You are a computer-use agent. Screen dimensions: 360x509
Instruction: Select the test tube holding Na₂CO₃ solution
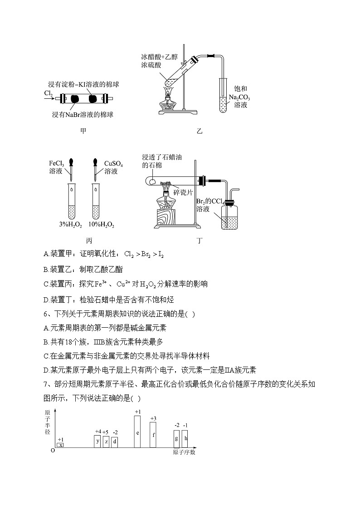click(223, 95)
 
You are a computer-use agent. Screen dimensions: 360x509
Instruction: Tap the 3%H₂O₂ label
click(71, 225)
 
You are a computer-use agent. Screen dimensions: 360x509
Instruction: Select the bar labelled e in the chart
click(137, 431)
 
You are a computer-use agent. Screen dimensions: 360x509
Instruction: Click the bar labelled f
click(153, 435)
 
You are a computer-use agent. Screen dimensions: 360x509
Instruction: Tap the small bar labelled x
click(60, 446)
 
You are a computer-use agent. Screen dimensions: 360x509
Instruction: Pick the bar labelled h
click(185, 439)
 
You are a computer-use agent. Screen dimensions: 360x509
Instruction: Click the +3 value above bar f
click(153, 418)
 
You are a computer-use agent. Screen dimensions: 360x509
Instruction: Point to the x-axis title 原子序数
click(184, 452)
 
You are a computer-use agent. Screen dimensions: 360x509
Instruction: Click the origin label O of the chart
click(53, 451)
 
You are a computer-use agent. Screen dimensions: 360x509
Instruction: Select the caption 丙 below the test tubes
click(82, 241)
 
